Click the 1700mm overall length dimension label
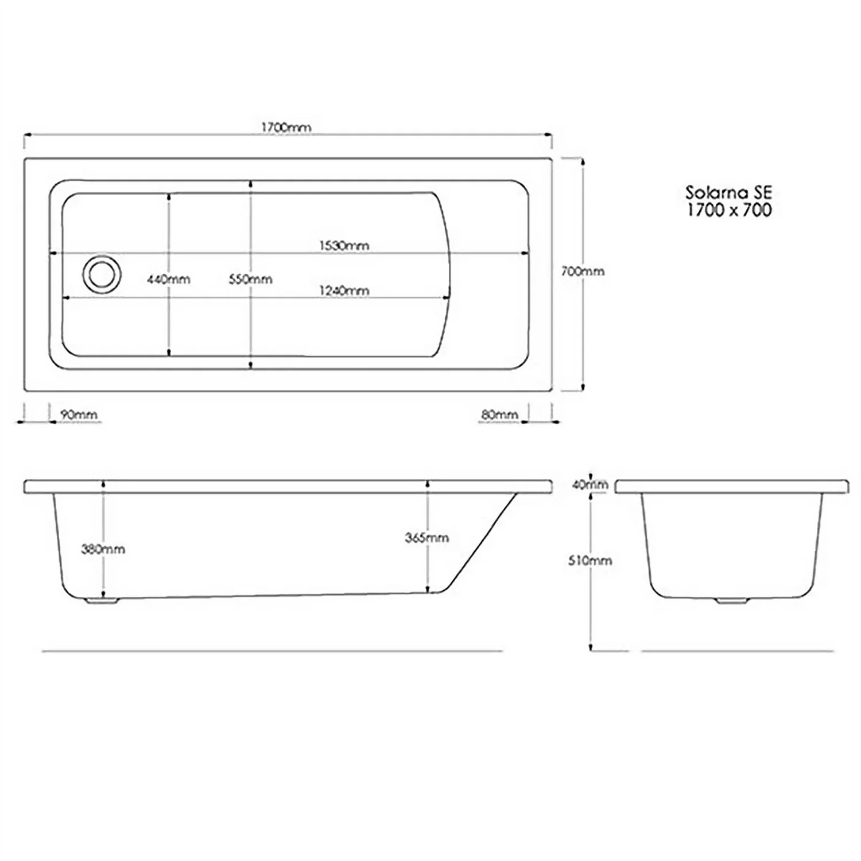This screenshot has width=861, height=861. tap(286, 127)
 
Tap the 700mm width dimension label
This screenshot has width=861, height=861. tap(583, 272)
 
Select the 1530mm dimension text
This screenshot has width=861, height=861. tap(344, 246)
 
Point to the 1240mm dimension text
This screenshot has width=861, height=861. tap(344, 291)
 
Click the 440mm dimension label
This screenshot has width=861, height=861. tap(168, 280)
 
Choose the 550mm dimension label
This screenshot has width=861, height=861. tap(250, 280)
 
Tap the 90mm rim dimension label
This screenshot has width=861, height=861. tap(79, 414)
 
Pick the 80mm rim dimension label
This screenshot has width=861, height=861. tap(499, 414)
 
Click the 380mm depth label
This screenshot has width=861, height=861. tap(103, 549)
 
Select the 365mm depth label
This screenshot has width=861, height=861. tap(427, 538)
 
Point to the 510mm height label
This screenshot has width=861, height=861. tap(590, 560)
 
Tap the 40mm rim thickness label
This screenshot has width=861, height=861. tap(589, 485)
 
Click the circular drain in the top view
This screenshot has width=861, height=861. tap(102, 274)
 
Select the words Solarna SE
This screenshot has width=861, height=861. tap(729, 192)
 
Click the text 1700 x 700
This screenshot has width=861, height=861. tap(729, 210)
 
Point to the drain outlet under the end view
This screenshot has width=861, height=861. tap(731, 600)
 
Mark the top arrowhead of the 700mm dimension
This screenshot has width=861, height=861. tap(583, 162)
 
